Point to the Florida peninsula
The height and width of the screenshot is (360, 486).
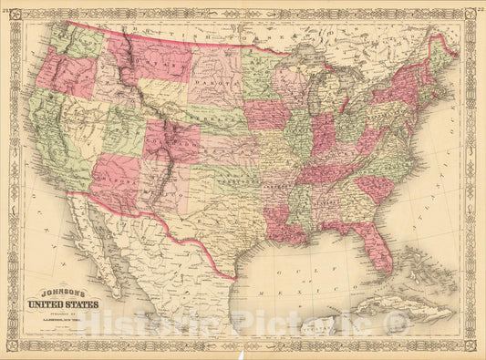tap(381, 246)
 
